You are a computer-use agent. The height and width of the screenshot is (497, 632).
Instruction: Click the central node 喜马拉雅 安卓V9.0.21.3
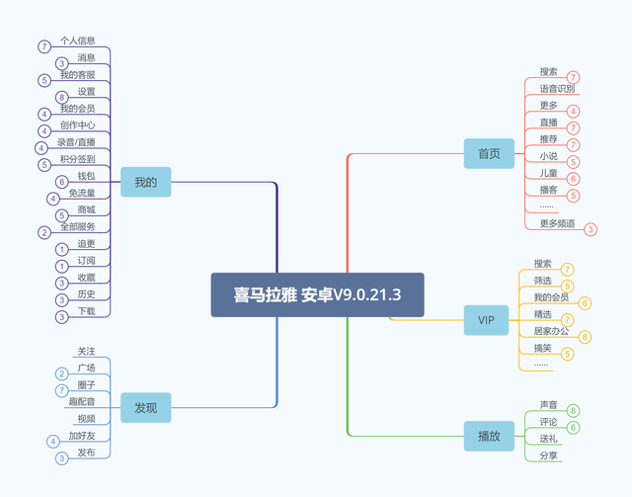(317, 294)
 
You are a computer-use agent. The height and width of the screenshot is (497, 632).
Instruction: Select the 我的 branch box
(145, 182)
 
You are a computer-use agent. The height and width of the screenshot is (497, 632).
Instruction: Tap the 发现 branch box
(145, 406)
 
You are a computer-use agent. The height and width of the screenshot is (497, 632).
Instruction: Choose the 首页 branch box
(489, 153)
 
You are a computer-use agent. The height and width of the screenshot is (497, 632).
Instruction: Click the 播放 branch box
(489, 436)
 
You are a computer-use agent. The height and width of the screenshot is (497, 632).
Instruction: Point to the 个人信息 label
(77, 41)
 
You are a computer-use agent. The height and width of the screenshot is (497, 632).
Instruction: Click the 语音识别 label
(556, 89)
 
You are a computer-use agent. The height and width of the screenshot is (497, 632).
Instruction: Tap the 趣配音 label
(81, 401)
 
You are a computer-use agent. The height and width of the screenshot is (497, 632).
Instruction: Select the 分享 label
(548, 456)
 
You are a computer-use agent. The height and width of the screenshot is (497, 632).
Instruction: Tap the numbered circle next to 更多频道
(591, 229)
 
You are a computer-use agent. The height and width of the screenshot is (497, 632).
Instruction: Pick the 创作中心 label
(77, 125)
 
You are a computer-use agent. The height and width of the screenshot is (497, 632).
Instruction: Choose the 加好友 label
(82, 435)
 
